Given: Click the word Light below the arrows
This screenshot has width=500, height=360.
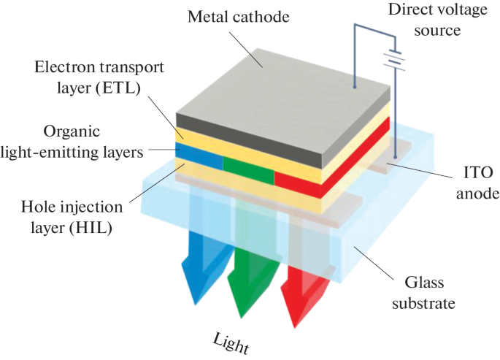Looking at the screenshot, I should click(231, 342).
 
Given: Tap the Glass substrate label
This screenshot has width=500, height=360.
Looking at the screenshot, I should click(436, 291).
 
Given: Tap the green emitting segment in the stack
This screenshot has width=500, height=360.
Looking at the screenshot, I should click(248, 166).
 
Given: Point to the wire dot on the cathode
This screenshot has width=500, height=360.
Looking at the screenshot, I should click(355, 87).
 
